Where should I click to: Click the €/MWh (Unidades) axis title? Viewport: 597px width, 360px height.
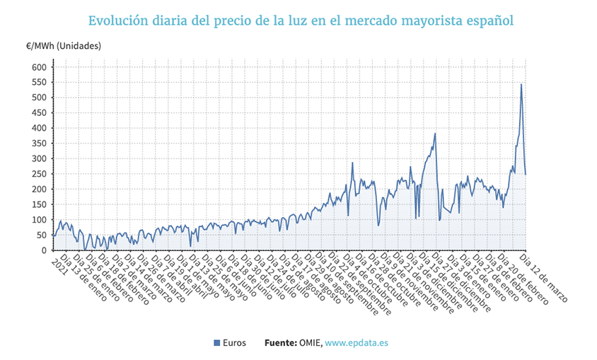click(x=64, y=46)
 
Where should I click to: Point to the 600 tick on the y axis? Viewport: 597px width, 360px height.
click(x=39, y=67)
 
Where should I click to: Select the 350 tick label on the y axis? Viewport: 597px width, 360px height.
click(x=39, y=144)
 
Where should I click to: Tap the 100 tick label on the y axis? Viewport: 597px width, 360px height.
click(x=39, y=220)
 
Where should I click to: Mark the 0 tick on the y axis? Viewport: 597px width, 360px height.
click(x=43, y=250)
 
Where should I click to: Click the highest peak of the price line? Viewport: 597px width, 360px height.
click(x=521, y=85)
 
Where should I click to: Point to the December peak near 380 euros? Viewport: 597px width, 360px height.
click(x=435, y=134)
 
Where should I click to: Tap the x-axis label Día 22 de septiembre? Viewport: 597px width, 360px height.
click(x=361, y=284)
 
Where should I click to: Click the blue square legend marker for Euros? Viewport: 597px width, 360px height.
click(x=216, y=343)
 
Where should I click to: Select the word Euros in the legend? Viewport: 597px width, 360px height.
click(x=234, y=343)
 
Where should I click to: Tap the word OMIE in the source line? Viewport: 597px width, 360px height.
click(x=311, y=343)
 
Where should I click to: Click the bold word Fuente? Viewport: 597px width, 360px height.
click(x=280, y=343)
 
